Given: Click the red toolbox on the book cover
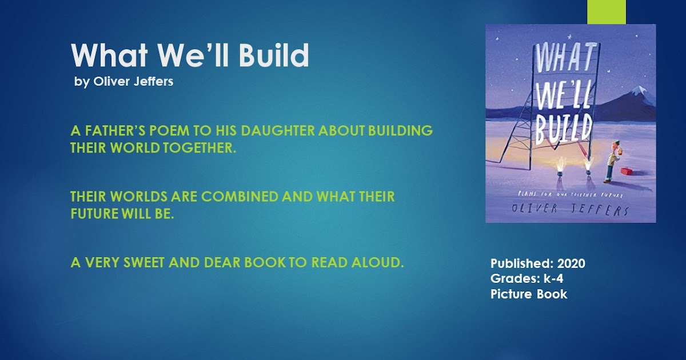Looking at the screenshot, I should (627, 171).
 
